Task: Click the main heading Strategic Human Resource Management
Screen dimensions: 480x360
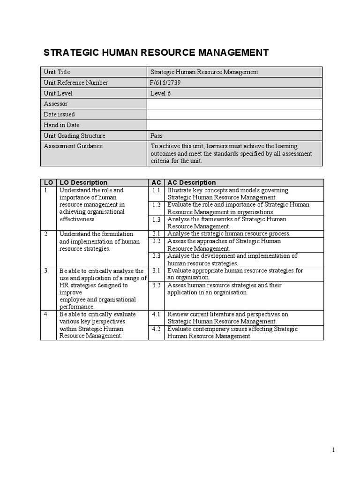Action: pos(156,52)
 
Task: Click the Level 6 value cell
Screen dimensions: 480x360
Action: pos(161,93)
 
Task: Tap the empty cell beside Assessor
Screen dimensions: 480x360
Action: pos(234,104)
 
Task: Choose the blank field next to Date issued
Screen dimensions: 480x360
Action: pos(234,114)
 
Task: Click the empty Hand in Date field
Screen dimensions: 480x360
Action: pos(234,125)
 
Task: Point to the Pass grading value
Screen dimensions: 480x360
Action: pos(157,136)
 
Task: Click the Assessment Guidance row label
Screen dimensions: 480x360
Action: pos(73,146)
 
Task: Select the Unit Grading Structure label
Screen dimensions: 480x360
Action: pos(75,136)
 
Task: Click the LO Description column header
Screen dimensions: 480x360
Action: pos(83,182)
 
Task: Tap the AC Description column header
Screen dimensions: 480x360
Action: pos(192,182)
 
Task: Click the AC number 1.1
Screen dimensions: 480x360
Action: pos(156,190)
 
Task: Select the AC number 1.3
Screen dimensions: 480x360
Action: pos(156,219)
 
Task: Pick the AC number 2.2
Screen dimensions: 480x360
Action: pos(156,241)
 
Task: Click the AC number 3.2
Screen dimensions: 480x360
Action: pos(156,285)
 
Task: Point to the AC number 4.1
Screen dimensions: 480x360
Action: pos(156,314)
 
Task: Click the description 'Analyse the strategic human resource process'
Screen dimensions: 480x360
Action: pos(229,233)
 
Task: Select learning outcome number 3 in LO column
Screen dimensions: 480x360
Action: pos(46,271)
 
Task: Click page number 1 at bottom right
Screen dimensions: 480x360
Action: pos(333,450)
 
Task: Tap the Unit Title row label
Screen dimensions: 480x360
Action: pos(57,72)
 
